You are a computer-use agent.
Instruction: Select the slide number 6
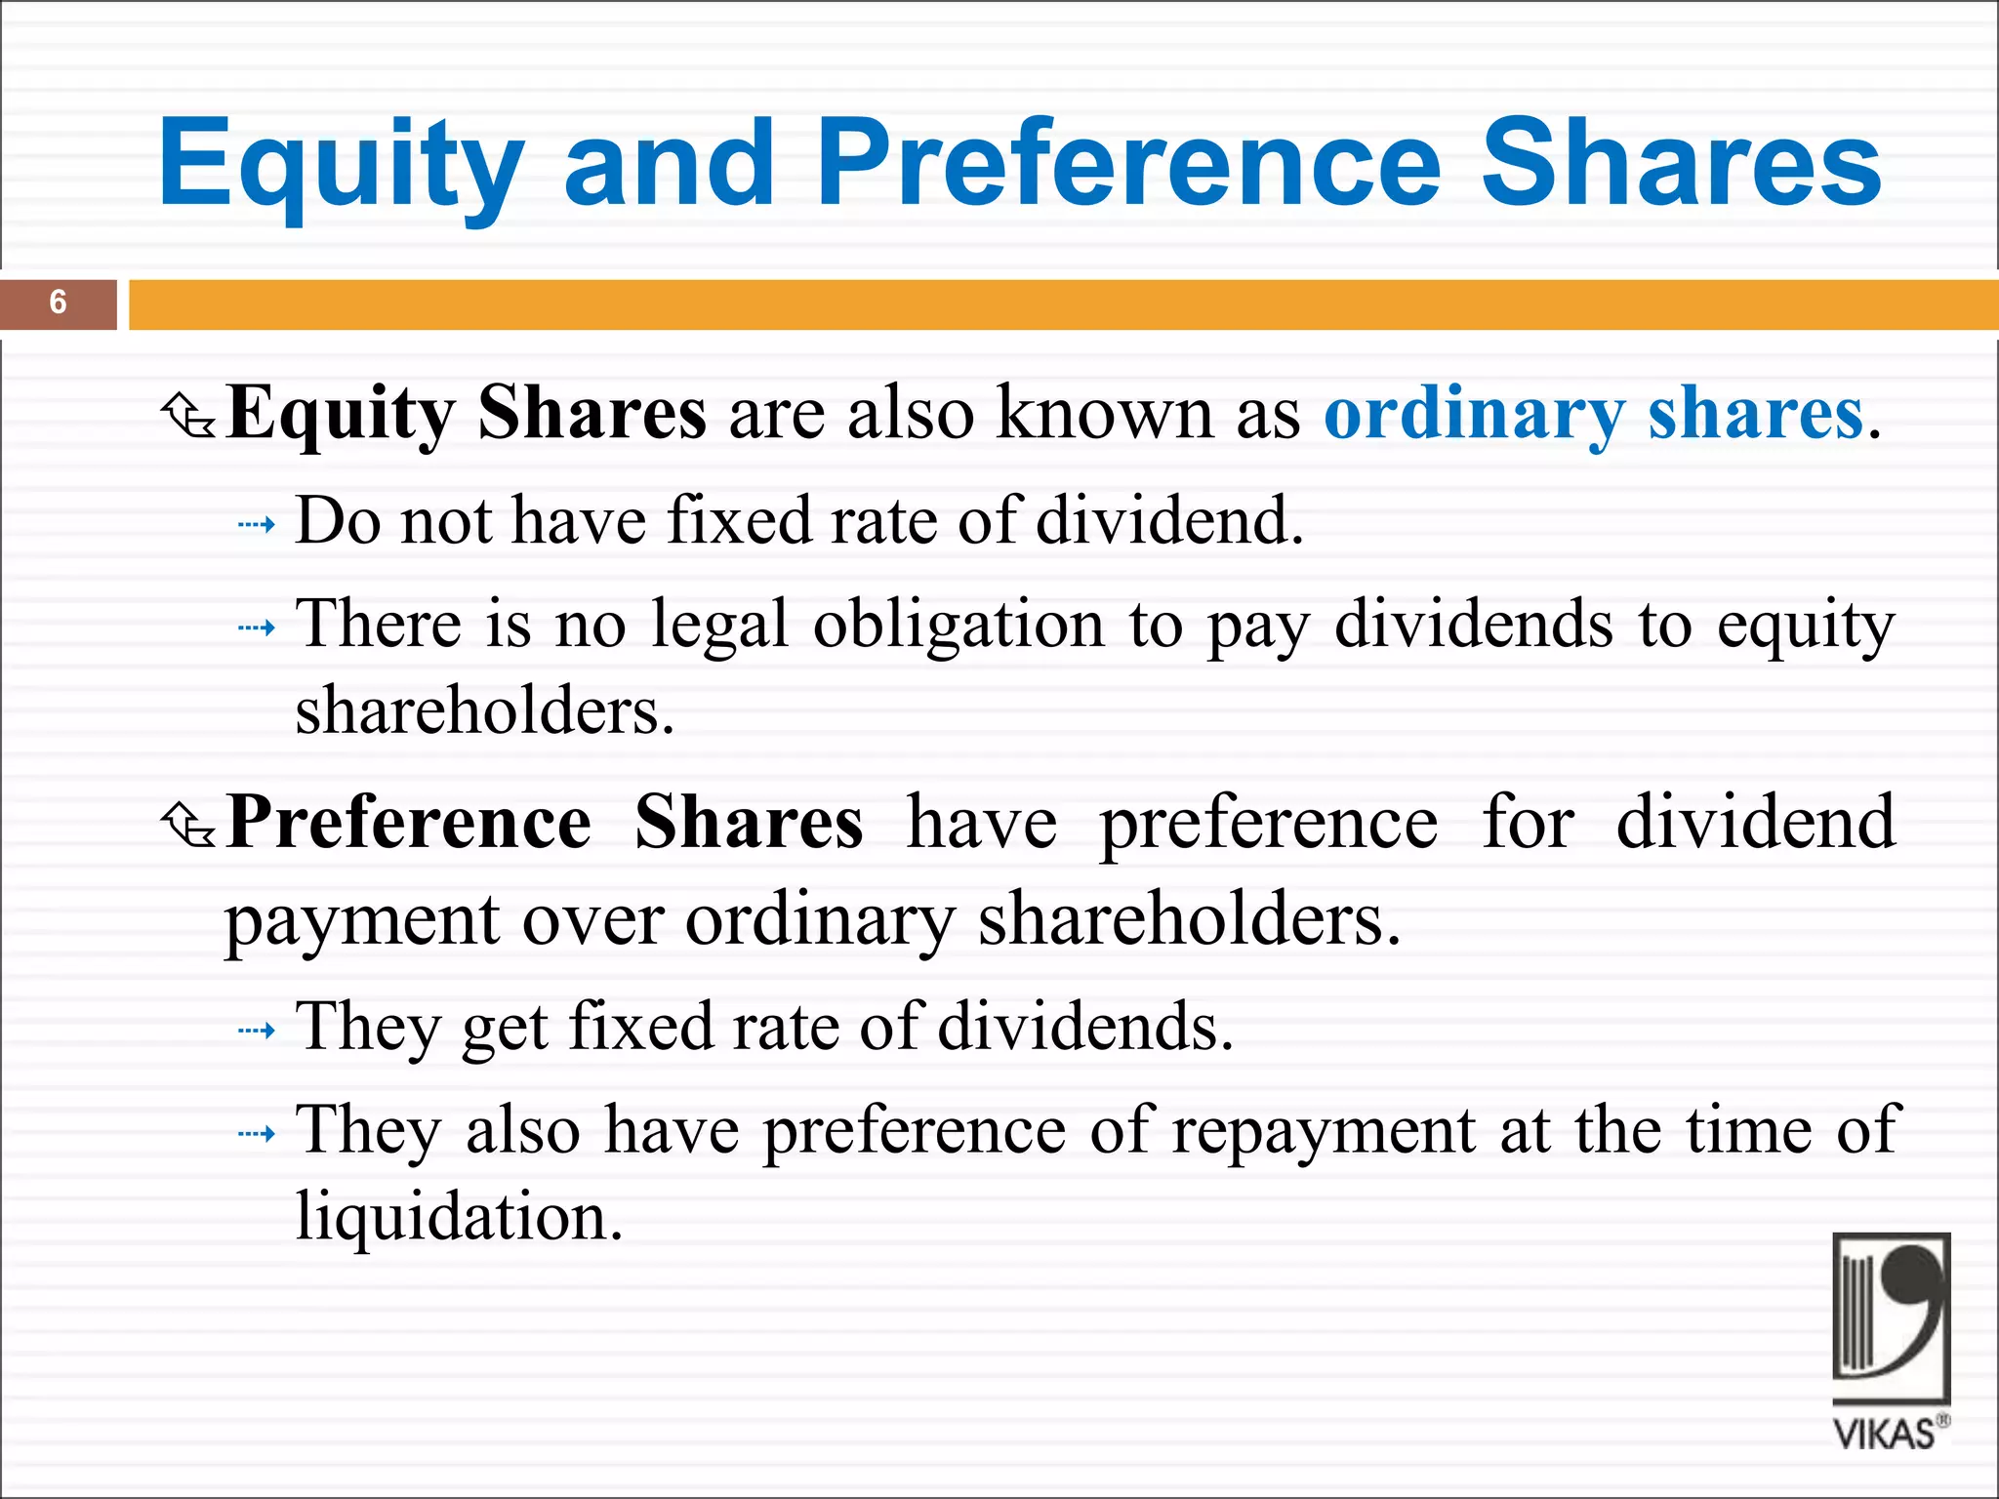[58, 303]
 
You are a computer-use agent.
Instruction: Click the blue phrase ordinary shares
[1593, 414]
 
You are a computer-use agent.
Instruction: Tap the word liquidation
[459, 1217]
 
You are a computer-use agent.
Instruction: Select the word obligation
[959, 625]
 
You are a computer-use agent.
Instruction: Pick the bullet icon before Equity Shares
[188, 416]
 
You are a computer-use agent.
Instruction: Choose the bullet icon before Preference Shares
[188, 825]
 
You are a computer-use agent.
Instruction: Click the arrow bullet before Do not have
[257, 525]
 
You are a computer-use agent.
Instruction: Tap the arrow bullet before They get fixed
[257, 1031]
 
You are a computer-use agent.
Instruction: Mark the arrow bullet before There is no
[257, 628]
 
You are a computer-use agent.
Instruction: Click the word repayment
[1323, 1132]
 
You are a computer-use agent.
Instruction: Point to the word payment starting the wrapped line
[362, 922]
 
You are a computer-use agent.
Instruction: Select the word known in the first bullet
[1105, 414]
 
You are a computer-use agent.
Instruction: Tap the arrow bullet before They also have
[257, 1134]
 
